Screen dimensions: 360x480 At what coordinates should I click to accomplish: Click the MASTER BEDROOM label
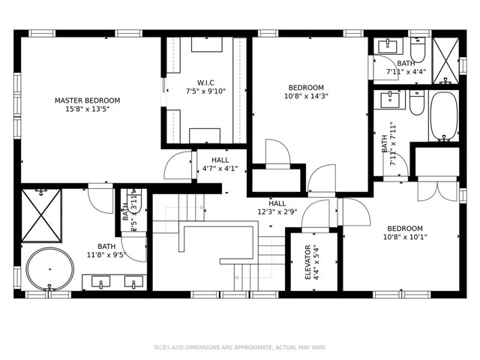coord(87,100)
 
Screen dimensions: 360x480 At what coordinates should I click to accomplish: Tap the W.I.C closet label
coord(205,82)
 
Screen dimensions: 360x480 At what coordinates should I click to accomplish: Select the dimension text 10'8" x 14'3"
coord(306,96)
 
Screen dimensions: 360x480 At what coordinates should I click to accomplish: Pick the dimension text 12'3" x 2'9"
coord(277,212)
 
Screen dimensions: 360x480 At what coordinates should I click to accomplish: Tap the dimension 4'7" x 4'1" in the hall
coord(220,169)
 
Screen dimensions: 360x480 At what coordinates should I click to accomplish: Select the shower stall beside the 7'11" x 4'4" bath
coord(447,58)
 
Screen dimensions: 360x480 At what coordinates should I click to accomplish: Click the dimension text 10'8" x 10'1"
coord(405,238)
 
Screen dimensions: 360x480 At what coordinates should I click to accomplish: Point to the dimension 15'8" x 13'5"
coord(87,109)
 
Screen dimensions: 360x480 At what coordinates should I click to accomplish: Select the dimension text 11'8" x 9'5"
coord(106,255)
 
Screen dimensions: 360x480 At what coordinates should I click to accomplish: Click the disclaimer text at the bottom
coord(240,347)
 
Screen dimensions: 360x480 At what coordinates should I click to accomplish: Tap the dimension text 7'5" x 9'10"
coord(205,91)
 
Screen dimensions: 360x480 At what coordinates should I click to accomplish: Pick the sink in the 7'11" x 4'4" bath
coord(388,46)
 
